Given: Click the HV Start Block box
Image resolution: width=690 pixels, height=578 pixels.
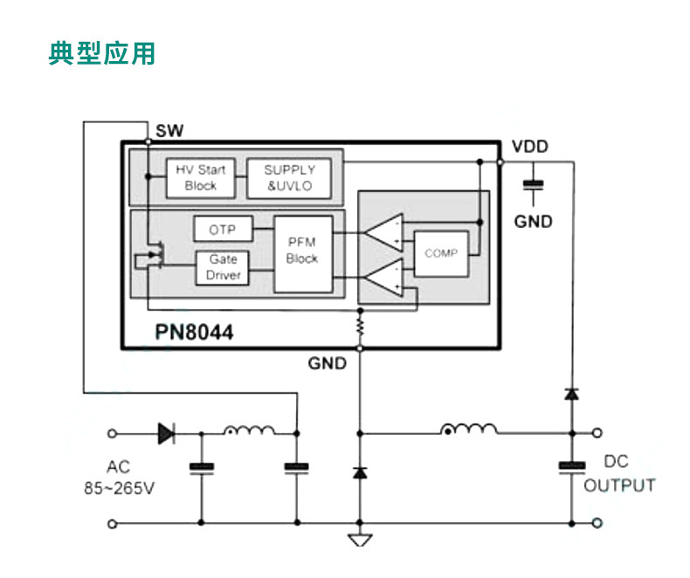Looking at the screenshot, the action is [x=200, y=178].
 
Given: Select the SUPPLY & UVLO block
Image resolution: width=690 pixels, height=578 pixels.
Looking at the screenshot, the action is [x=289, y=178].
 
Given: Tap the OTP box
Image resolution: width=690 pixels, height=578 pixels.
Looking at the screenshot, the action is [x=223, y=229].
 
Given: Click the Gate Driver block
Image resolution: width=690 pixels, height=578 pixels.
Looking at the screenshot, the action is [x=223, y=267].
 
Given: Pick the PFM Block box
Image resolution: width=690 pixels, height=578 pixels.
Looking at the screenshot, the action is [x=303, y=254].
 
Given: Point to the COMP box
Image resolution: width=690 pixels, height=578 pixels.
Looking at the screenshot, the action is [x=441, y=253].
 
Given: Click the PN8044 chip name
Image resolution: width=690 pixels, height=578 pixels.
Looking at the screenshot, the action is [x=194, y=332].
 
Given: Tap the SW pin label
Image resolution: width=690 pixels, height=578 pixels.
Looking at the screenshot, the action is [x=169, y=131].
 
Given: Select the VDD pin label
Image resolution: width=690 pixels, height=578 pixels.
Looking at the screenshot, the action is [x=530, y=147].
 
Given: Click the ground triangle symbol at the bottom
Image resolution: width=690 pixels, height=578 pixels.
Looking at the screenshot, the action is [x=360, y=540].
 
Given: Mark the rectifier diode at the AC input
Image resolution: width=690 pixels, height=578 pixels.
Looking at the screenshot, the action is [x=167, y=433].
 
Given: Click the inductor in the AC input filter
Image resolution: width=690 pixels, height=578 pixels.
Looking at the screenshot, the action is [x=250, y=430].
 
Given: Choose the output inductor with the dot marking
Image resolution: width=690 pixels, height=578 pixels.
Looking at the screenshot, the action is [x=469, y=429].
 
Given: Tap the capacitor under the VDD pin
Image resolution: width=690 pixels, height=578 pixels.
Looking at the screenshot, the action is [x=534, y=185].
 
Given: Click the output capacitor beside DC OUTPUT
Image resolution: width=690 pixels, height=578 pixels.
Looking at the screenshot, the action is [x=571, y=467].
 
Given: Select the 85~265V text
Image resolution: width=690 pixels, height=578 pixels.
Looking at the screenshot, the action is [x=120, y=488].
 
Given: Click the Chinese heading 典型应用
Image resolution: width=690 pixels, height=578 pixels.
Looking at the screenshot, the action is [x=101, y=53].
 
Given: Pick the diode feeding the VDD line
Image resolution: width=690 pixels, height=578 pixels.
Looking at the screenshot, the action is [x=571, y=394].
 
